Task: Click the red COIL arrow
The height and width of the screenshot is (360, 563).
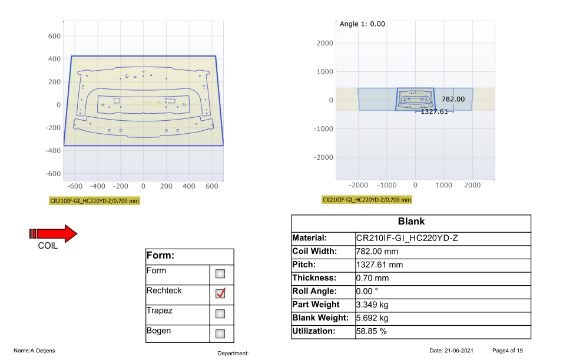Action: [x=53, y=234]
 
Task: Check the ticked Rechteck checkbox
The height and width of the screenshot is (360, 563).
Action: [x=220, y=293]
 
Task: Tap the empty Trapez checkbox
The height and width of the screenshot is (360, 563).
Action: [x=220, y=313]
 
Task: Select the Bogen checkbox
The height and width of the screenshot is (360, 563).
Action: [x=220, y=333]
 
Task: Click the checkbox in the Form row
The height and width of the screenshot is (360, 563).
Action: [x=220, y=274]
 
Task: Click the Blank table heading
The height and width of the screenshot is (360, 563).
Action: [x=411, y=222]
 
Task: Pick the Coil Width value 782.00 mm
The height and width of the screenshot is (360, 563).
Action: [x=377, y=252]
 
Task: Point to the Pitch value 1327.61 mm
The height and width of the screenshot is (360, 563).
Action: [x=379, y=265]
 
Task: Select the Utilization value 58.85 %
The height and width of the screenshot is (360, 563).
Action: [x=371, y=331]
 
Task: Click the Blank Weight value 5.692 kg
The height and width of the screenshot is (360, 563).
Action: [x=372, y=318]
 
